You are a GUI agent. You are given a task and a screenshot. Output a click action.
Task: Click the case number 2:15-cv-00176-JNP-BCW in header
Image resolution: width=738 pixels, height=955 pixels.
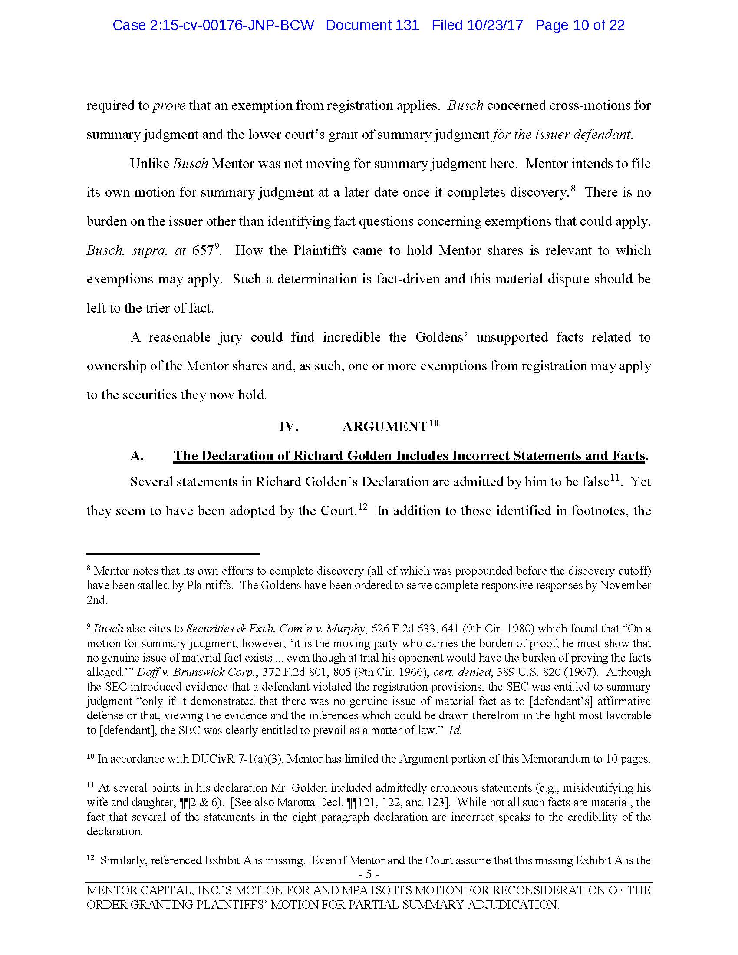click(x=213, y=25)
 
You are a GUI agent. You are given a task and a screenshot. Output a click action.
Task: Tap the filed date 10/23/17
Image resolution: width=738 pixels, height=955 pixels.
click(x=496, y=25)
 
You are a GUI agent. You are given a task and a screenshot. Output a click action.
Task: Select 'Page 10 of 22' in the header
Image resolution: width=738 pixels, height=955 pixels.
click(x=580, y=25)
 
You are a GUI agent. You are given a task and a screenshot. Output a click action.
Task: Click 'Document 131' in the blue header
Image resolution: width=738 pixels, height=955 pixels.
click(x=372, y=25)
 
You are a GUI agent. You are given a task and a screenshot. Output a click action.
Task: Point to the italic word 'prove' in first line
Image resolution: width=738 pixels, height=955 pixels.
click(x=169, y=106)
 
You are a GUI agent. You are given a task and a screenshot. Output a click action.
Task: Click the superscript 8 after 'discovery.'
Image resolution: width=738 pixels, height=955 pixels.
click(x=573, y=188)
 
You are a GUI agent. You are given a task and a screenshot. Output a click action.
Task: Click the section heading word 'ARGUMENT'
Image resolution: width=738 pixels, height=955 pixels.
click(x=384, y=427)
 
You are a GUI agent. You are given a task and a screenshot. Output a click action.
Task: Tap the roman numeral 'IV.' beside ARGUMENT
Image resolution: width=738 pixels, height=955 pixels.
click(x=289, y=427)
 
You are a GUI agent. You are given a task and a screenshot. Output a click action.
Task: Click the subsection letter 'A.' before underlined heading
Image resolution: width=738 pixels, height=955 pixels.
click(x=137, y=456)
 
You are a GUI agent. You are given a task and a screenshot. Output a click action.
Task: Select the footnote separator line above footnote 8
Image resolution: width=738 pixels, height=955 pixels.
click(x=173, y=554)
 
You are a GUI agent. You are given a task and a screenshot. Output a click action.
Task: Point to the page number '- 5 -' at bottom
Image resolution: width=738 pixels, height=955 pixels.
click(x=369, y=875)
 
